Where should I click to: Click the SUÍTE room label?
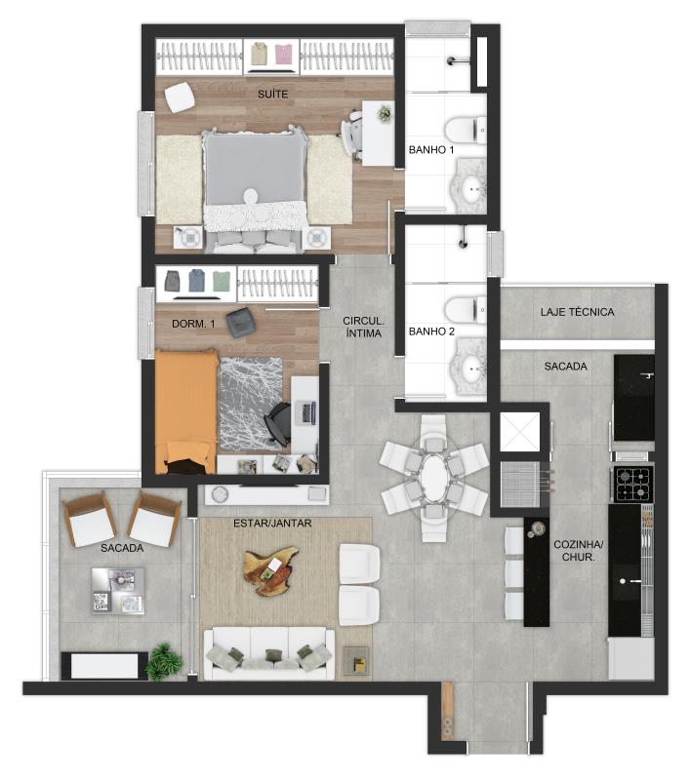pyautogui.click(x=272, y=94)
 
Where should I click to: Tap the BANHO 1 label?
pyautogui.click(x=431, y=150)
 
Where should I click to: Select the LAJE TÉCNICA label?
pyautogui.click(x=577, y=312)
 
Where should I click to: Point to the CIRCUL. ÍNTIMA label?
pyautogui.click(x=363, y=328)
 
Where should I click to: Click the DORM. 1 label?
pyautogui.click(x=193, y=324)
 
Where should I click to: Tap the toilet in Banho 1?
pyautogui.click(x=465, y=130)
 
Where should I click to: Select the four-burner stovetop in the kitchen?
pyautogui.click(x=632, y=484)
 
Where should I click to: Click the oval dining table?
pyautogui.click(x=434, y=477)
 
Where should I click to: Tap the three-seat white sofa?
pyautogui.click(x=269, y=653)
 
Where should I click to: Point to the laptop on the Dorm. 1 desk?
pyautogui.click(x=305, y=413)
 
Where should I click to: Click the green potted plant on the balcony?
pyautogui.click(x=164, y=661)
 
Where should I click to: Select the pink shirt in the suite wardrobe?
pyautogui.click(x=283, y=55)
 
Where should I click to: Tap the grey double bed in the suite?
pyautogui.click(x=255, y=189)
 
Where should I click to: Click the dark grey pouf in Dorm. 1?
pyautogui.click(x=241, y=322)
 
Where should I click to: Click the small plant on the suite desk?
pyautogui.click(x=385, y=114)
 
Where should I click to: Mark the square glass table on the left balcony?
pyautogui.click(x=118, y=591)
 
